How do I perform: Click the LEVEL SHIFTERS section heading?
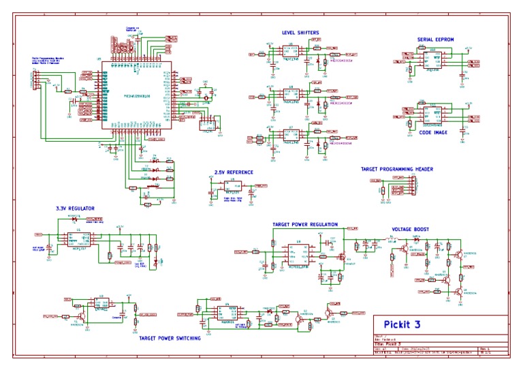300,33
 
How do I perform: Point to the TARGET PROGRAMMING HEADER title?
397,169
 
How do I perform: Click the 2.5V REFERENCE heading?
234,172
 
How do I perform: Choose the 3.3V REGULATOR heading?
75,208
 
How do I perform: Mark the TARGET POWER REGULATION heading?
305,224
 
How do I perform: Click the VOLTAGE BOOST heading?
411,229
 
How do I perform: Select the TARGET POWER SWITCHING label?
170,337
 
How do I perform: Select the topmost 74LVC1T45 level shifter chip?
291,55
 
